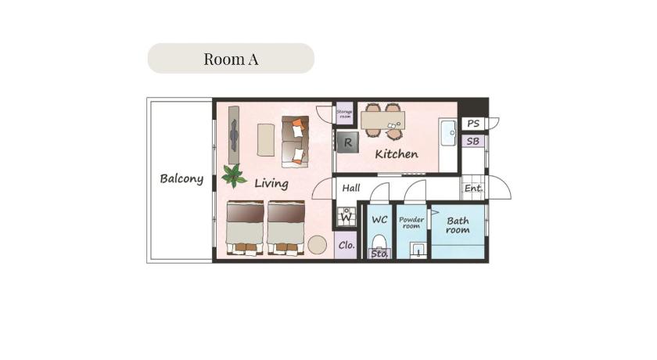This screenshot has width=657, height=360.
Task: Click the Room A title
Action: coord(231,59)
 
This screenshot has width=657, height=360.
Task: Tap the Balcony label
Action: coord(181,179)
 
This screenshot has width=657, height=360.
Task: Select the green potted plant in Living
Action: coord(233,175)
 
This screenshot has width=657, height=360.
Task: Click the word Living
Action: coord(271,184)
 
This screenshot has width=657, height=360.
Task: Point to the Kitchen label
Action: coord(397,154)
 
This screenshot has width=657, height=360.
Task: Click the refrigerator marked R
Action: coord(348,142)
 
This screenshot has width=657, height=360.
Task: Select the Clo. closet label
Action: coord(346,245)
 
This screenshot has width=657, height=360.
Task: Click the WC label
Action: coord(379,220)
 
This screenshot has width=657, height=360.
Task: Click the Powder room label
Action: coord(411,222)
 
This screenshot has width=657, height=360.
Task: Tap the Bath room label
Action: coord(458,225)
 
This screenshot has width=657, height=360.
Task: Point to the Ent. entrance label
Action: coord(473,189)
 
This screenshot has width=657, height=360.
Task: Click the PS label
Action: coord(473,124)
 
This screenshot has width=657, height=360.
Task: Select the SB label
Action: coord(473,142)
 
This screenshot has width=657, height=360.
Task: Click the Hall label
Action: coord(351,188)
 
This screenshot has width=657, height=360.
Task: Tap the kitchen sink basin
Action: coord(448,133)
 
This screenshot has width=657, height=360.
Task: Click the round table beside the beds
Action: coord(318,245)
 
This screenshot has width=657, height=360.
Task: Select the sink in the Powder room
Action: coord(418,250)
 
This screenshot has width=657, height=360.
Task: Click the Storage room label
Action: coord(344,114)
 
